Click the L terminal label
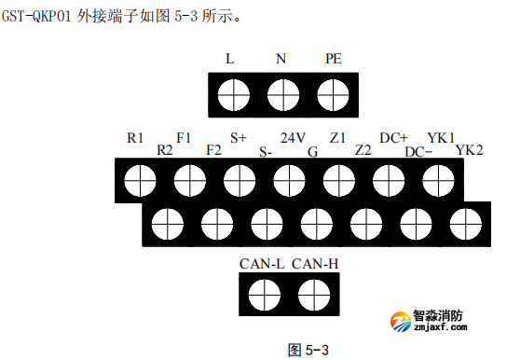click(x=230, y=59)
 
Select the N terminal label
click(x=281, y=59)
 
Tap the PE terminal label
click(x=333, y=59)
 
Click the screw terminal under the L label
click(x=230, y=93)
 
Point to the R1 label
click(x=135, y=138)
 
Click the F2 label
click(x=213, y=149)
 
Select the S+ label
click(x=240, y=138)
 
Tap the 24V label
click(x=293, y=138)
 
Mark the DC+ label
click(x=393, y=138)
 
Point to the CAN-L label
click(x=261, y=264)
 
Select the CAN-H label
click(x=315, y=264)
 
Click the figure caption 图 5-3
click(x=309, y=350)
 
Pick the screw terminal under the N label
click(x=281, y=93)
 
